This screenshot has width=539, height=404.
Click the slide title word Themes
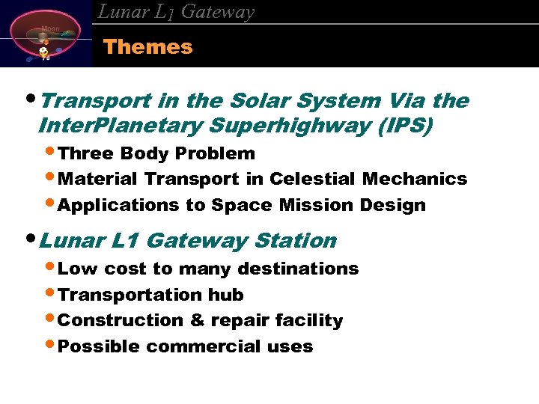click(x=147, y=47)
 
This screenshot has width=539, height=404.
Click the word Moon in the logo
click(x=50, y=28)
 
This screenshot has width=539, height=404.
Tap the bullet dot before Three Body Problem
click(x=50, y=153)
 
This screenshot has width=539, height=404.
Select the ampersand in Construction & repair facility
click(x=198, y=320)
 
